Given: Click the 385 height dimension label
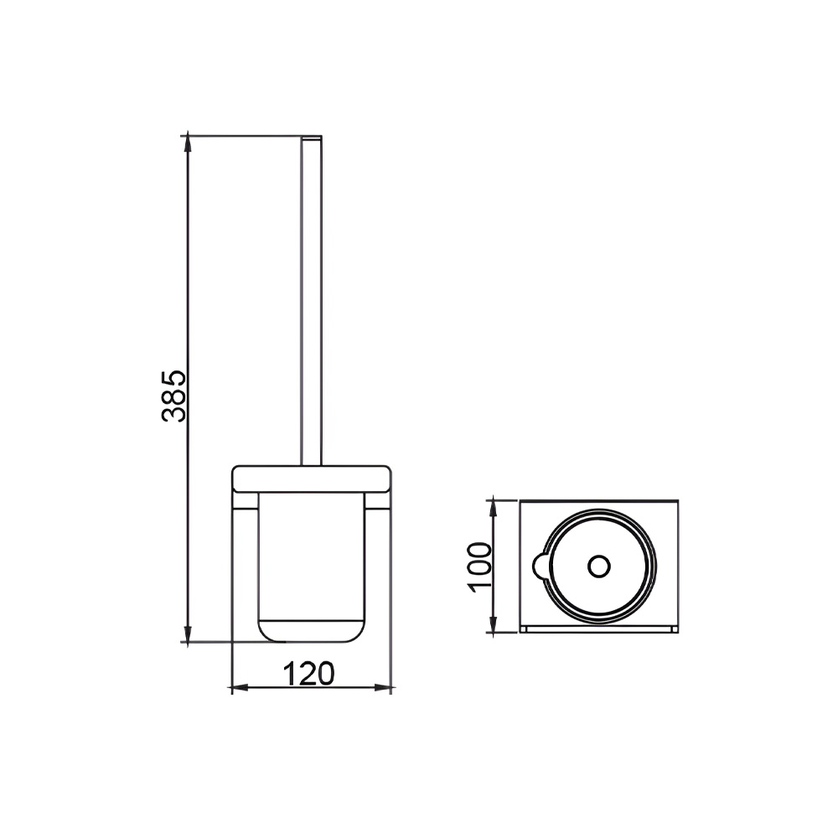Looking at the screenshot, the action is click(173, 396).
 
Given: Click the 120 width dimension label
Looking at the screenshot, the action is click(308, 674).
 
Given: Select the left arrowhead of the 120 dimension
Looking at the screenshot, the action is click(240, 687).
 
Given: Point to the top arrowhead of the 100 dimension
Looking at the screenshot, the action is click(493, 509).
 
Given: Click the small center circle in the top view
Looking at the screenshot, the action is click(598, 566).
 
